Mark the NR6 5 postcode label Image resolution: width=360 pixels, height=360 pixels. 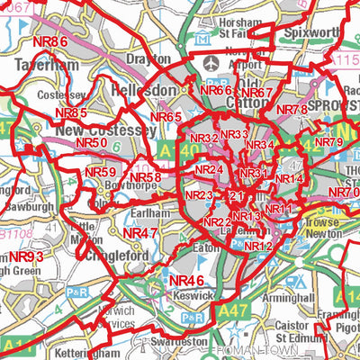pyautogui.click(x=166, y=117)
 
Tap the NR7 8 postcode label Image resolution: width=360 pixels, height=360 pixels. pyautogui.click(x=292, y=109)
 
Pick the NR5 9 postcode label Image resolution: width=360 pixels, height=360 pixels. pyautogui.click(x=100, y=172)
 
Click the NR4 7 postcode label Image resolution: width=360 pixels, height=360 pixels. pyautogui.click(x=140, y=232)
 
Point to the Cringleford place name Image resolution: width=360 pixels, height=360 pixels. pyautogui.click(x=117, y=254)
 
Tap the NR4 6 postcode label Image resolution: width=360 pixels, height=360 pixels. pyautogui.click(x=186, y=283)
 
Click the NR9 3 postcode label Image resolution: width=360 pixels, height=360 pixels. pyautogui.click(x=26, y=257)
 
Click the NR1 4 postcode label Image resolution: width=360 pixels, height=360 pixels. pyautogui.click(x=289, y=179)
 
